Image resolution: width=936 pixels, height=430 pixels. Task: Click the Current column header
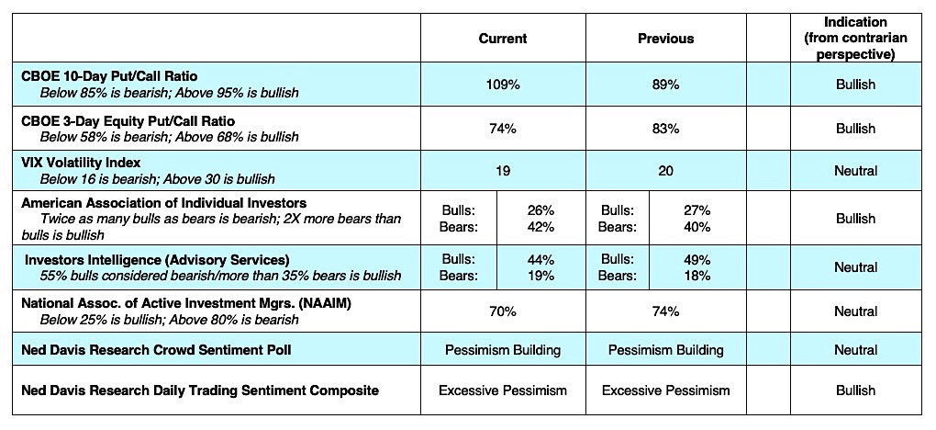point(503,39)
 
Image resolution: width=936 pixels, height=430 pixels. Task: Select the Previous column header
point(665,39)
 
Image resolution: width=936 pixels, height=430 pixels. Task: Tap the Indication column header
point(855,38)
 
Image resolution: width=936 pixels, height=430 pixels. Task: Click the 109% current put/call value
point(503,85)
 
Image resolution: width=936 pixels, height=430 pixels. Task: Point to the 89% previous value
point(665,85)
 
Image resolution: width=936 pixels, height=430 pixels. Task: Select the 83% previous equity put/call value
point(665,129)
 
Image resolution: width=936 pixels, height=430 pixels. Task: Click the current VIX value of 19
point(503,171)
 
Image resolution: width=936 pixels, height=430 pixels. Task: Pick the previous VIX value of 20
point(665,171)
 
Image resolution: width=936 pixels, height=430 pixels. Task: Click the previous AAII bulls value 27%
point(696,210)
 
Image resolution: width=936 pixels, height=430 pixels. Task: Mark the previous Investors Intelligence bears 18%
point(696,275)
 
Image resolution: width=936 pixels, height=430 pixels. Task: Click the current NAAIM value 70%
point(503,311)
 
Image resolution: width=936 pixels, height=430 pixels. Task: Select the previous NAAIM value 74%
point(665,311)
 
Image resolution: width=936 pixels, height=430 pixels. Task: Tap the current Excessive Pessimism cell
point(503,390)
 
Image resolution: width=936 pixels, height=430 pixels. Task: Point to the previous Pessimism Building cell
point(665,350)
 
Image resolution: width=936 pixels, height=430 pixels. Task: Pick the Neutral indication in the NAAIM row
point(855,311)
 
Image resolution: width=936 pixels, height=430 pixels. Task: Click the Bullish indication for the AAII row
point(855,219)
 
